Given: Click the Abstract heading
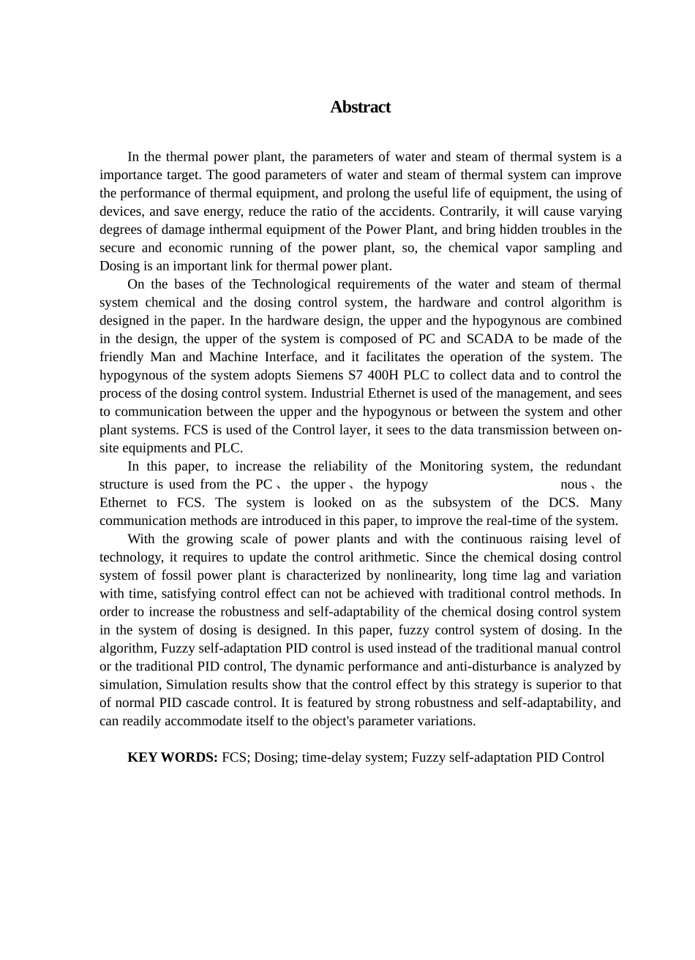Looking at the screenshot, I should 360,107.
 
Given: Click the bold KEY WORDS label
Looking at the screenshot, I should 173,757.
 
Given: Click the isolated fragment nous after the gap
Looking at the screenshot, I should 574,484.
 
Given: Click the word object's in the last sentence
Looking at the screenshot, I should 358,721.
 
